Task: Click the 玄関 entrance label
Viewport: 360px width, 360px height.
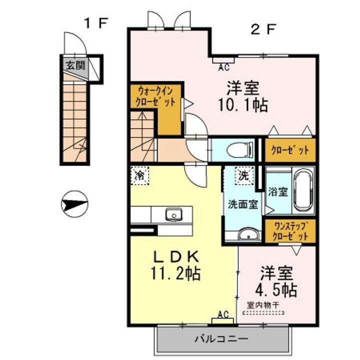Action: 75,65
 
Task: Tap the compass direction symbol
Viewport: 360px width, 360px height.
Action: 74,204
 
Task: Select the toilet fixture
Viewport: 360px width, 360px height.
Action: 239,150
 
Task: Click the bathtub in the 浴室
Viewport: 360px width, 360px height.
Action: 303,190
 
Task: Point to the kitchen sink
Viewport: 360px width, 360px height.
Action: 174,214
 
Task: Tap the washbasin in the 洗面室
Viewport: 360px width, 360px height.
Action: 248,234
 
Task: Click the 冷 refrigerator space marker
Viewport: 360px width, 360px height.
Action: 140,175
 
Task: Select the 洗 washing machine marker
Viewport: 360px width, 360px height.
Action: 244,175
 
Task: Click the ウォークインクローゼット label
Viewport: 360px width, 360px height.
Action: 155,96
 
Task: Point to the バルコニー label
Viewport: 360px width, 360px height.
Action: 221,338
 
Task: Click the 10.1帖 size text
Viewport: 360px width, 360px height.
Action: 243,105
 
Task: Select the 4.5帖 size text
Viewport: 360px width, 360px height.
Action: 276,289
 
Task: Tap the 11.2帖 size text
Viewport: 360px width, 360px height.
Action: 175,273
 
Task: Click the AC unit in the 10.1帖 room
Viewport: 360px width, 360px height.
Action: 223,60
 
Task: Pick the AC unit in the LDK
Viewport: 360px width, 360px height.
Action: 222,320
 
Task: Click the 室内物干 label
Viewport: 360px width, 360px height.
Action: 263,305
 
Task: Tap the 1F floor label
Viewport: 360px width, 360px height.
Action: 96,23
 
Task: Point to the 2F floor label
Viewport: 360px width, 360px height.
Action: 263,29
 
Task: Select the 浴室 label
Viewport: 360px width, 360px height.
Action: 278,191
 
